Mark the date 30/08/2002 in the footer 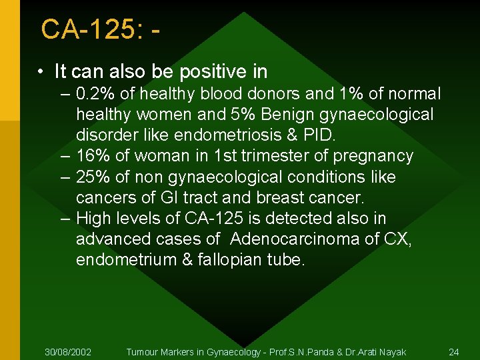point(68,351)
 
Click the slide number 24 point(454,351)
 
